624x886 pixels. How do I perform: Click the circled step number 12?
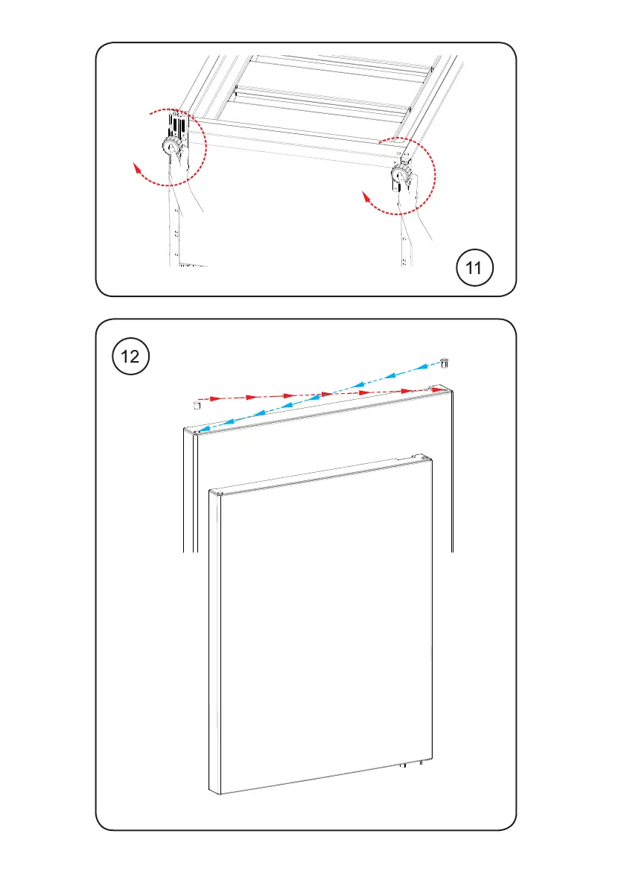pos(130,357)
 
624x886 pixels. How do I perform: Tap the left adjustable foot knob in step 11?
pos(171,147)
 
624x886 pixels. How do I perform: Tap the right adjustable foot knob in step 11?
pos(402,176)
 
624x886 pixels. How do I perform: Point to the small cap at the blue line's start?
pos(444,363)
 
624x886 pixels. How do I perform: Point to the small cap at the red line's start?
pos(197,404)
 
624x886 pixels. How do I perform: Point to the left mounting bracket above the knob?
pos(176,122)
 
